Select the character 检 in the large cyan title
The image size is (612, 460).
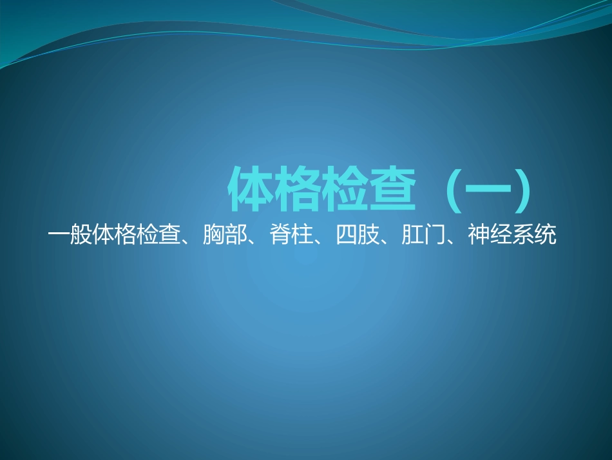coord(343,190)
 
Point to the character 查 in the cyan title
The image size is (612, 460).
coord(389,190)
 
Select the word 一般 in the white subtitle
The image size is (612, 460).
coord(70,235)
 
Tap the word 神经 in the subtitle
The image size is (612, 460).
coord(490,235)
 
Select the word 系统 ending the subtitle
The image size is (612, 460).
coord(534,235)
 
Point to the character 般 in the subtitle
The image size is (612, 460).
coord(81,235)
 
